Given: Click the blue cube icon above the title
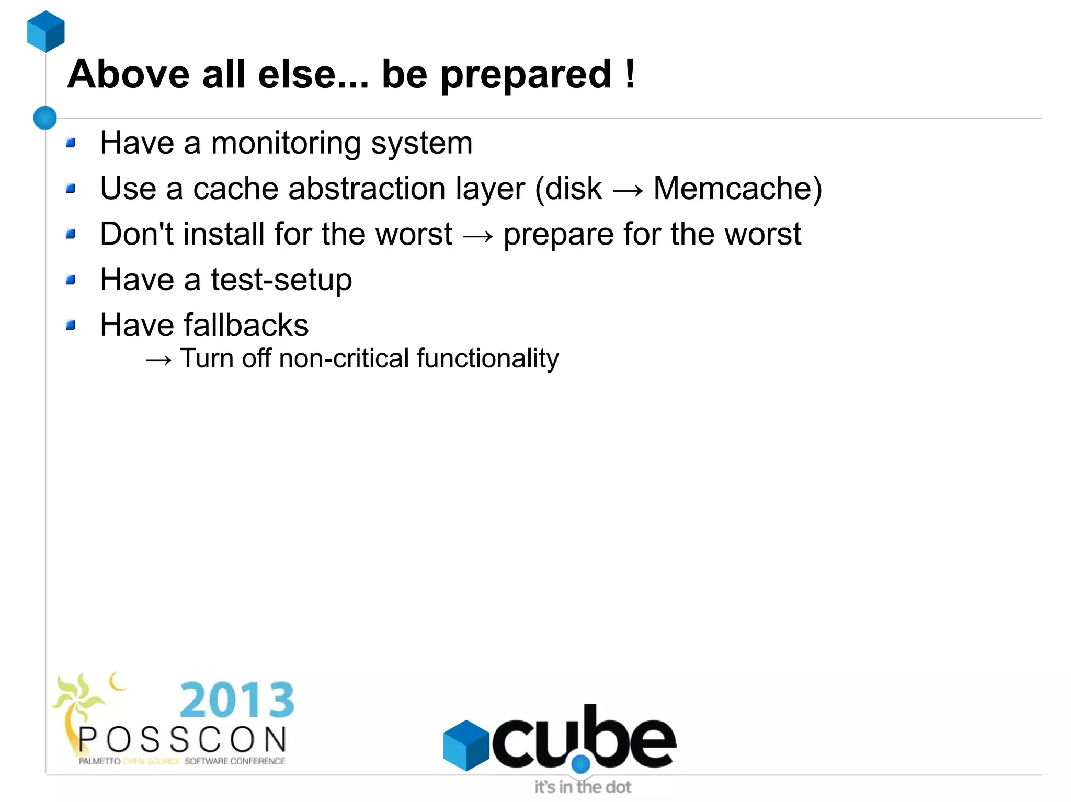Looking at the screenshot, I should click(x=46, y=31).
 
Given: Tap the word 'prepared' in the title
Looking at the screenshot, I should click(x=526, y=75).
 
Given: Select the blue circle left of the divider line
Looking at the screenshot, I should click(x=45, y=118).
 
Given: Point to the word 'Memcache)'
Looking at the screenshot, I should click(x=737, y=189).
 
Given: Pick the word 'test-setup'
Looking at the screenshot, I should click(x=281, y=280).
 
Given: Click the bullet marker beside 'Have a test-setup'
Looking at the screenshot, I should click(x=71, y=281).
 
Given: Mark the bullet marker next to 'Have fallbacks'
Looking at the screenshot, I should click(x=71, y=326).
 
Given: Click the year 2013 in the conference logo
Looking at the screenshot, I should click(x=237, y=700).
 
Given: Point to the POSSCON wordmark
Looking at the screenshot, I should click(x=183, y=740).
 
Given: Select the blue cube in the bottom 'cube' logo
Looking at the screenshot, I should click(x=465, y=745).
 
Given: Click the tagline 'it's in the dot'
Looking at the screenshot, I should click(x=583, y=787).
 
